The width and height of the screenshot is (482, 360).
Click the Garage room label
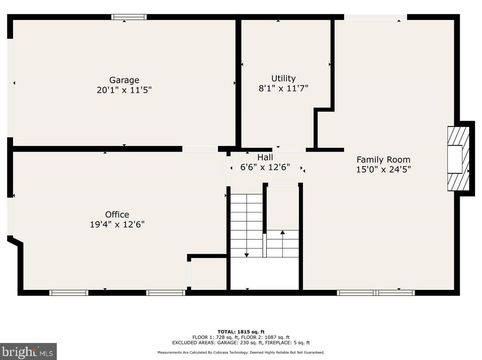click(x=124, y=80)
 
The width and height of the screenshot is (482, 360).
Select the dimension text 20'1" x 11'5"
click(x=124, y=90)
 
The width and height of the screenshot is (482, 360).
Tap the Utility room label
click(x=283, y=78)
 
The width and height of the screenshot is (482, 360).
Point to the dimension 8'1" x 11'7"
click(x=283, y=88)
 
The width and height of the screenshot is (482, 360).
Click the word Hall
click(x=265, y=157)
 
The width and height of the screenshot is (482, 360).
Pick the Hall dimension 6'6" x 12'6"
click(x=265, y=167)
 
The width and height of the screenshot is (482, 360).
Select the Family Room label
click(x=383, y=159)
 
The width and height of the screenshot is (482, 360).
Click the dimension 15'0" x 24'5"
click(x=383, y=169)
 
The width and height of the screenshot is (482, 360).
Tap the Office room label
click(x=117, y=214)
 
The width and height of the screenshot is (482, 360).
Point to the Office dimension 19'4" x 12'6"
click(x=117, y=224)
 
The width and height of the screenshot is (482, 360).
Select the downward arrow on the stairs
click(x=246, y=254)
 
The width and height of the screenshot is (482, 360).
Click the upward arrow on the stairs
click(x=282, y=232)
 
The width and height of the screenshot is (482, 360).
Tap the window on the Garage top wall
click(x=129, y=17)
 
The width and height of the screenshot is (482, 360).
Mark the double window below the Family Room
click(x=376, y=292)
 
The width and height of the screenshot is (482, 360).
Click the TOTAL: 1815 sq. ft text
click(x=241, y=332)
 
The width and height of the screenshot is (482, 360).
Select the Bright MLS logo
click(x=28, y=351)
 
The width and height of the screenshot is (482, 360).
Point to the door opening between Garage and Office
click(x=200, y=149)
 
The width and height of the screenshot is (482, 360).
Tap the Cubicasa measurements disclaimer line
click(x=241, y=352)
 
